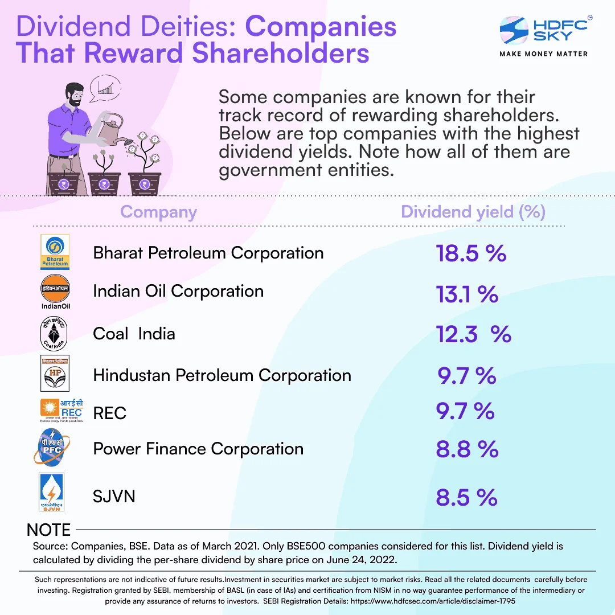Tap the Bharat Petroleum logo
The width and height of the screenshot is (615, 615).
[55, 252]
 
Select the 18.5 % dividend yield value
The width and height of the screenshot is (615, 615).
[471, 253]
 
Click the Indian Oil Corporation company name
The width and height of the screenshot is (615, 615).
[178, 291]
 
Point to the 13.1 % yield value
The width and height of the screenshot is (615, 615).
[467, 294]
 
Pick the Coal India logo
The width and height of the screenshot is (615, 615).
[55, 334]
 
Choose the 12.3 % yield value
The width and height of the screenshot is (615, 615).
[473, 334]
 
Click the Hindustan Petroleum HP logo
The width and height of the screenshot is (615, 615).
[55, 374]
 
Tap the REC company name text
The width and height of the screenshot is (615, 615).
[110, 413]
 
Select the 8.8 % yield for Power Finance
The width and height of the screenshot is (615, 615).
[467, 449]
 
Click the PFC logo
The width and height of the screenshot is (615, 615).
[52, 449]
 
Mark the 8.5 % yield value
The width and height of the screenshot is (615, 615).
[466, 498]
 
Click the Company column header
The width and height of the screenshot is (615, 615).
[158, 212]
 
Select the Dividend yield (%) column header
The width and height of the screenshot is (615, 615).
[473, 212]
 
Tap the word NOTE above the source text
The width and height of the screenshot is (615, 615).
[49, 530]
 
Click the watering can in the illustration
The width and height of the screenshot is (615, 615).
[110, 126]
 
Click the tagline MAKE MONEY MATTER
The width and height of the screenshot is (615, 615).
[543, 54]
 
